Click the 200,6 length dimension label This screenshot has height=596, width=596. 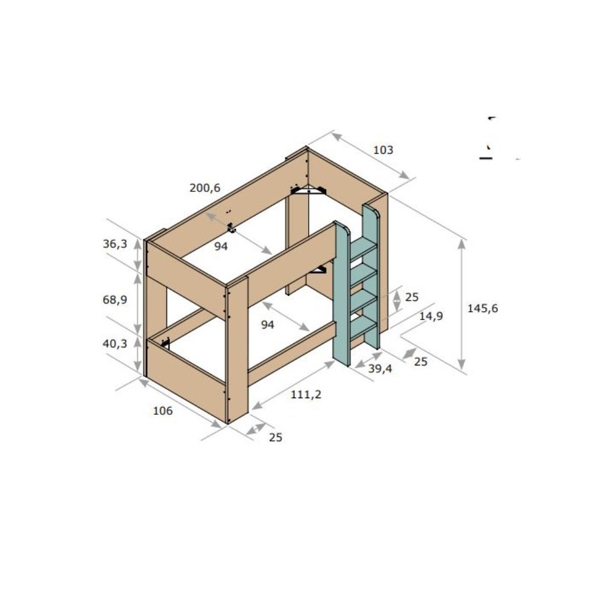pyautogui.click(x=205, y=188)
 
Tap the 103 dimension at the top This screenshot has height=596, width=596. pyautogui.click(x=383, y=150)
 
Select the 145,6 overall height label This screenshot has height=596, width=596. pyautogui.click(x=482, y=308)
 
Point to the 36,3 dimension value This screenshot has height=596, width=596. pyautogui.click(x=115, y=244)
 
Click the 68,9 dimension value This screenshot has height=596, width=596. pyautogui.click(x=115, y=300)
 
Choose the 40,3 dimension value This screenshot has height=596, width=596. pyautogui.click(x=115, y=344)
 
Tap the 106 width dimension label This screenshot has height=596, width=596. pyautogui.click(x=163, y=411)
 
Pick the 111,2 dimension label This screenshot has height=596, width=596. pyautogui.click(x=306, y=394)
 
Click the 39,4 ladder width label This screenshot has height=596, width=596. pyautogui.click(x=380, y=368)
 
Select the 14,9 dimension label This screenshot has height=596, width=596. pyautogui.click(x=431, y=316)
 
